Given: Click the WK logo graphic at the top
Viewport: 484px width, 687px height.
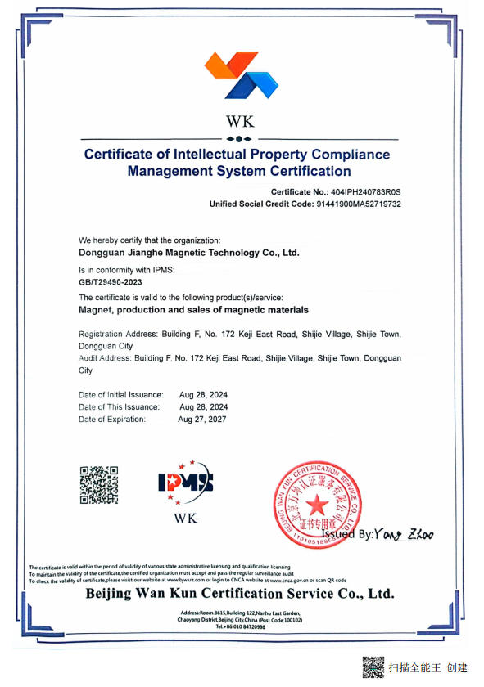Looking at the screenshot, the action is [x=241, y=74].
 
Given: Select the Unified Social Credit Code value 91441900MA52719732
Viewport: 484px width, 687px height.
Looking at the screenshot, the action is [x=361, y=204].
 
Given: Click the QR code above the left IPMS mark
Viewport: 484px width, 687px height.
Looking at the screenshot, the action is [x=98, y=485].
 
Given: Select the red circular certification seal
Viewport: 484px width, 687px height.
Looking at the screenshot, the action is [x=316, y=504].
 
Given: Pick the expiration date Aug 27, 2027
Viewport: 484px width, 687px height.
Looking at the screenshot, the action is [x=202, y=420].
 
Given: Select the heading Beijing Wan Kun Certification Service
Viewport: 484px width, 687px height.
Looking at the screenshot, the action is [x=240, y=593].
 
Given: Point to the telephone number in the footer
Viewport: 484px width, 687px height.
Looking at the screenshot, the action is [x=241, y=626].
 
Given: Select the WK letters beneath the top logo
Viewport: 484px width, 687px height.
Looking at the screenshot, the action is [x=241, y=122].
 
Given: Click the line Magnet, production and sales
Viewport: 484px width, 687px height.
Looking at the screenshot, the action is [x=193, y=310].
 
